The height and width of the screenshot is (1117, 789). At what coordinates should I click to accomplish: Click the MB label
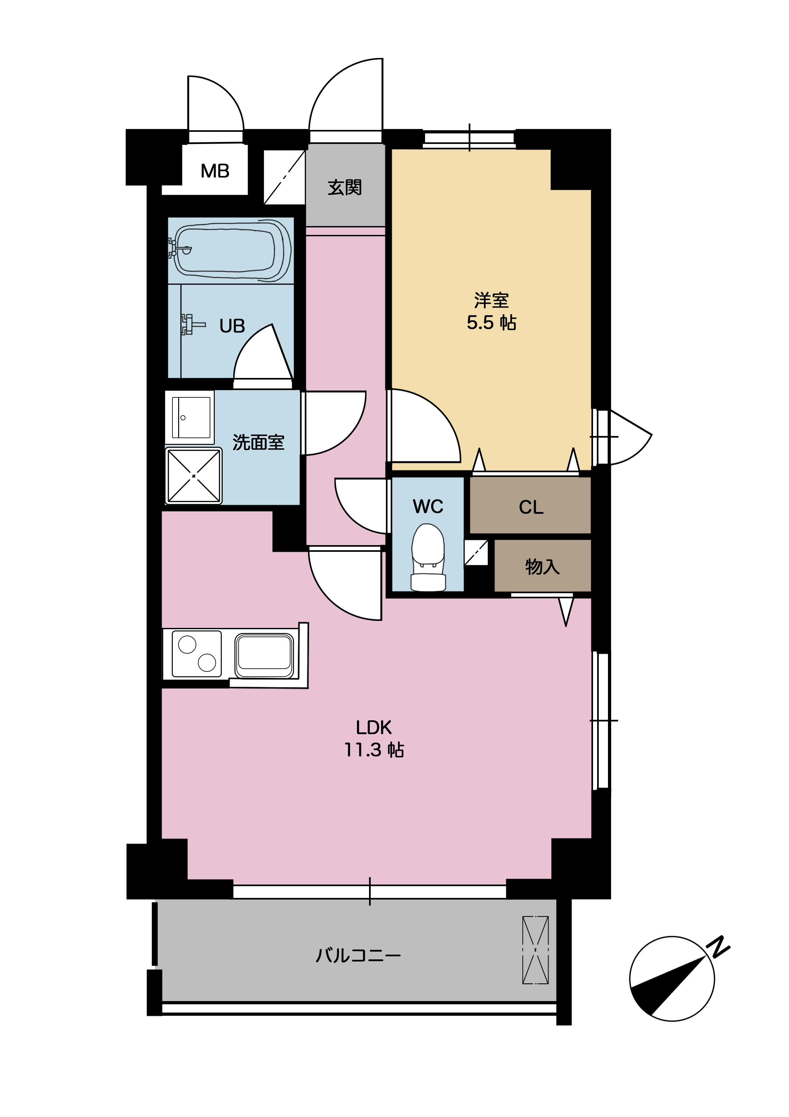click(215, 171)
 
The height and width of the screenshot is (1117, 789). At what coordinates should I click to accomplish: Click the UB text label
click(232, 326)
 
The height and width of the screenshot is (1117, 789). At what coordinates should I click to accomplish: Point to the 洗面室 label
click(258, 442)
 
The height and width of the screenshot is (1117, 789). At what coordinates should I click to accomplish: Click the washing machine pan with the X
click(193, 476)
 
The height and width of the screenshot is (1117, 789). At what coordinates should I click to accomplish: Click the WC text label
click(428, 507)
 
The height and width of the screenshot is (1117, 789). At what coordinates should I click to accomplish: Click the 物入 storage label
click(542, 567)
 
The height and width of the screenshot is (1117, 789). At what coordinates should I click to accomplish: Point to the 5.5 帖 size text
click(492, 323)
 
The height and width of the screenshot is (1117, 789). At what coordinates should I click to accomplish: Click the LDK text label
click(374, 727)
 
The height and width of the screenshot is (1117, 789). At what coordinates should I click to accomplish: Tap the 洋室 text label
click(492, 300)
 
